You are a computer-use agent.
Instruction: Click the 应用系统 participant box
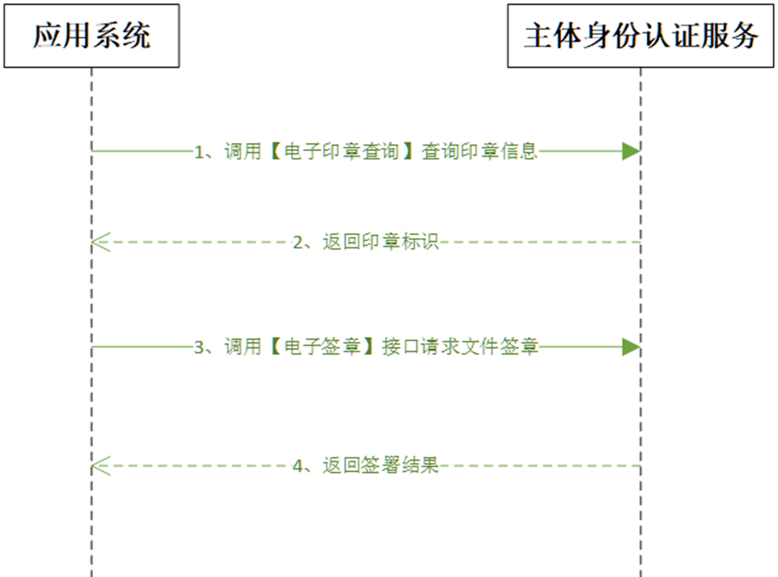[x=92, y=36]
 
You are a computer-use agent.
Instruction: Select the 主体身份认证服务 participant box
[x=640, y=36]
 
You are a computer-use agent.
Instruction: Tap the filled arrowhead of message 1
[x=631, y=151]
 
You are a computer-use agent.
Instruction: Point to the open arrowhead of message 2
[x=101, y=242]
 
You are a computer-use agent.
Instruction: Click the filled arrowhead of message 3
[x=631, y=347]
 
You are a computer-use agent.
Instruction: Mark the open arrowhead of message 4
[x=101, y=466]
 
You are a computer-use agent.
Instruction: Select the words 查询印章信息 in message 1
[x=479, y=151]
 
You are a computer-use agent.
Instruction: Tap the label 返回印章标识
[x=380, y=242]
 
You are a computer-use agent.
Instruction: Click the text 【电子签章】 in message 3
[x=322, y=347]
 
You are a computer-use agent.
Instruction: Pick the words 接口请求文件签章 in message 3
[x=460, y=347]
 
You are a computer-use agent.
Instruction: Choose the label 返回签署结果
[x=380, y=466]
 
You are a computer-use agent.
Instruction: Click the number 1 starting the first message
[x=199, y=152]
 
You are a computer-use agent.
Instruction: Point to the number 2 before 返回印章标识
[x=298, y=243]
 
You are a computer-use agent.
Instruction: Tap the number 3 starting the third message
[x=199, y=347]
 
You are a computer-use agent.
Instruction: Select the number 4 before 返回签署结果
[x=298, y=466]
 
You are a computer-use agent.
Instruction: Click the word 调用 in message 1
[x=243, y=151]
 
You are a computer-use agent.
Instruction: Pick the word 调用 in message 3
[x=243, y=347]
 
